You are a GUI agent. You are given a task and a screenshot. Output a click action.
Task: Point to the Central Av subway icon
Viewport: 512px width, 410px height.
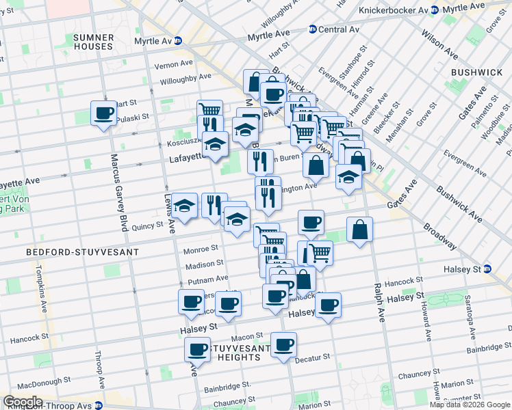pos(313,29)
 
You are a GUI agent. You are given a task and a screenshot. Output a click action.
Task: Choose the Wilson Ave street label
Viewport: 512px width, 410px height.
pos(445,44)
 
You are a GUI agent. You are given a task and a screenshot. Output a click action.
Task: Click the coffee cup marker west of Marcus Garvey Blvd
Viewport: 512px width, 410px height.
pos(104,113)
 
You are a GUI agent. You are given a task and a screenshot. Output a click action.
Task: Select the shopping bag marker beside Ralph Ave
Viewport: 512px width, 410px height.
pos(359,230)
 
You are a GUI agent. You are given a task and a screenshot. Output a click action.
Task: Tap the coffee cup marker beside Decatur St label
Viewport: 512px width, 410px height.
pos(283,345)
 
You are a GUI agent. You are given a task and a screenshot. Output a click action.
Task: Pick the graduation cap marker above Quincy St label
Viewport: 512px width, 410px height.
pos(183,206)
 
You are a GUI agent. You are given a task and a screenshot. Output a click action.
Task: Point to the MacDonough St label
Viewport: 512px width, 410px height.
pos(43,380)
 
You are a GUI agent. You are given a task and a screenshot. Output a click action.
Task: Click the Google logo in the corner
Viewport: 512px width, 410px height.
pos(23,402)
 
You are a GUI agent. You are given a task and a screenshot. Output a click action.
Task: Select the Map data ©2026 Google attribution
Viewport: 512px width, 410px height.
pos(470,405)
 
